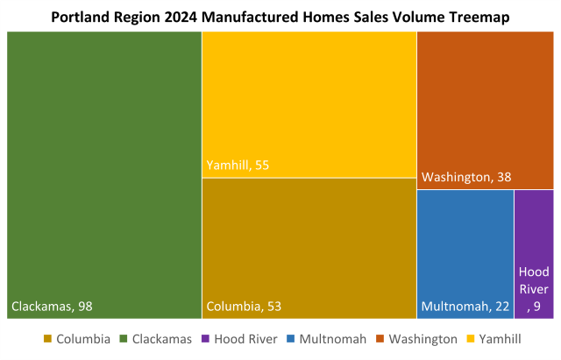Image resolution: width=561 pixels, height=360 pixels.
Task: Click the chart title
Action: (280, 17)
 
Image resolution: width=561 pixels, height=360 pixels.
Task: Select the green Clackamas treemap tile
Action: (104, 166)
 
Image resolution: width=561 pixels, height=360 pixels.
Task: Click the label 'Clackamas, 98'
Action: (52, 307)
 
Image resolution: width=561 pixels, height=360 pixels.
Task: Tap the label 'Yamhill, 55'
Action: (238, 165)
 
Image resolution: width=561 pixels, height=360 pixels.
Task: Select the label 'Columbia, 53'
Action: (245, 307)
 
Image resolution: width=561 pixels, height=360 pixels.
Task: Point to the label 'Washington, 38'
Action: (466, 178)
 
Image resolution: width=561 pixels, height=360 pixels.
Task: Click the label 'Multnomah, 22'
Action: (465, 307)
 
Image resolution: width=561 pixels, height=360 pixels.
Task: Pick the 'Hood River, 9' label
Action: (534, 289)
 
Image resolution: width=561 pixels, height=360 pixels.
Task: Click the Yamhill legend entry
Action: (499, 339)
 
